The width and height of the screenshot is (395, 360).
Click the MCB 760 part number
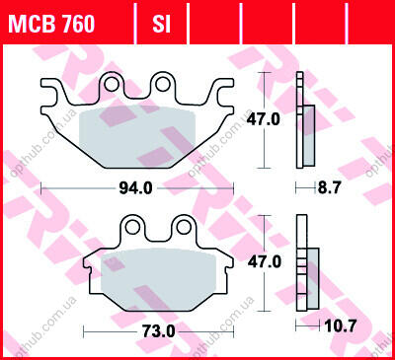51,24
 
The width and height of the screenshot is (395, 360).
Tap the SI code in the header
161,24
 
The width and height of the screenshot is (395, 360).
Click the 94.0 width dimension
135,188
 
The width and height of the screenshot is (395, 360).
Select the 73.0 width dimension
159,331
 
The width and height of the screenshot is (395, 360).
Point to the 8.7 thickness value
330,188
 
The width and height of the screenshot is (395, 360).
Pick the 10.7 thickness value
341,325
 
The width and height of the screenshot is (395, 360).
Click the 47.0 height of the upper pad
264,119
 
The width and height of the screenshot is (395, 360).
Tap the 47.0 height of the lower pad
265,262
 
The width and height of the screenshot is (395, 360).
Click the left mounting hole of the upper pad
112,84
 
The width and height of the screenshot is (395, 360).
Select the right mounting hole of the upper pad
162,84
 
